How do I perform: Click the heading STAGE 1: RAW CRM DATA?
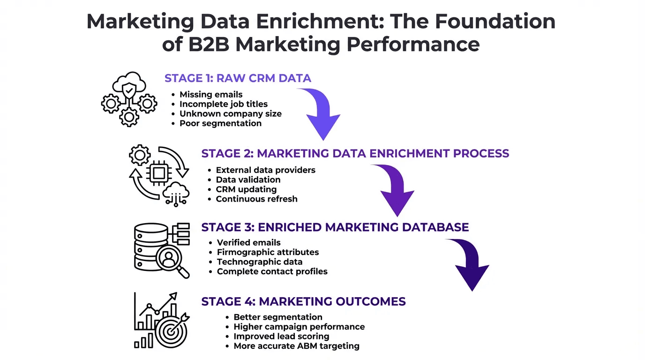238,78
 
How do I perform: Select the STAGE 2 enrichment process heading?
355,153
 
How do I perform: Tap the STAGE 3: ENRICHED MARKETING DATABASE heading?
335,227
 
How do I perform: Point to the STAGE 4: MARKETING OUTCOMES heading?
303,301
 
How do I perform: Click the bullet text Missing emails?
211,94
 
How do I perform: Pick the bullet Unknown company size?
231,113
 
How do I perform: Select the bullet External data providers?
265,170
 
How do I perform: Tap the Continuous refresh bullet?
256,199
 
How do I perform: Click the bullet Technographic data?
260,262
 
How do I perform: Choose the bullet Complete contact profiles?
272,271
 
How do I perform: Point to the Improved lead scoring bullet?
281,337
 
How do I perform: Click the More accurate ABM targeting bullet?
296,346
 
